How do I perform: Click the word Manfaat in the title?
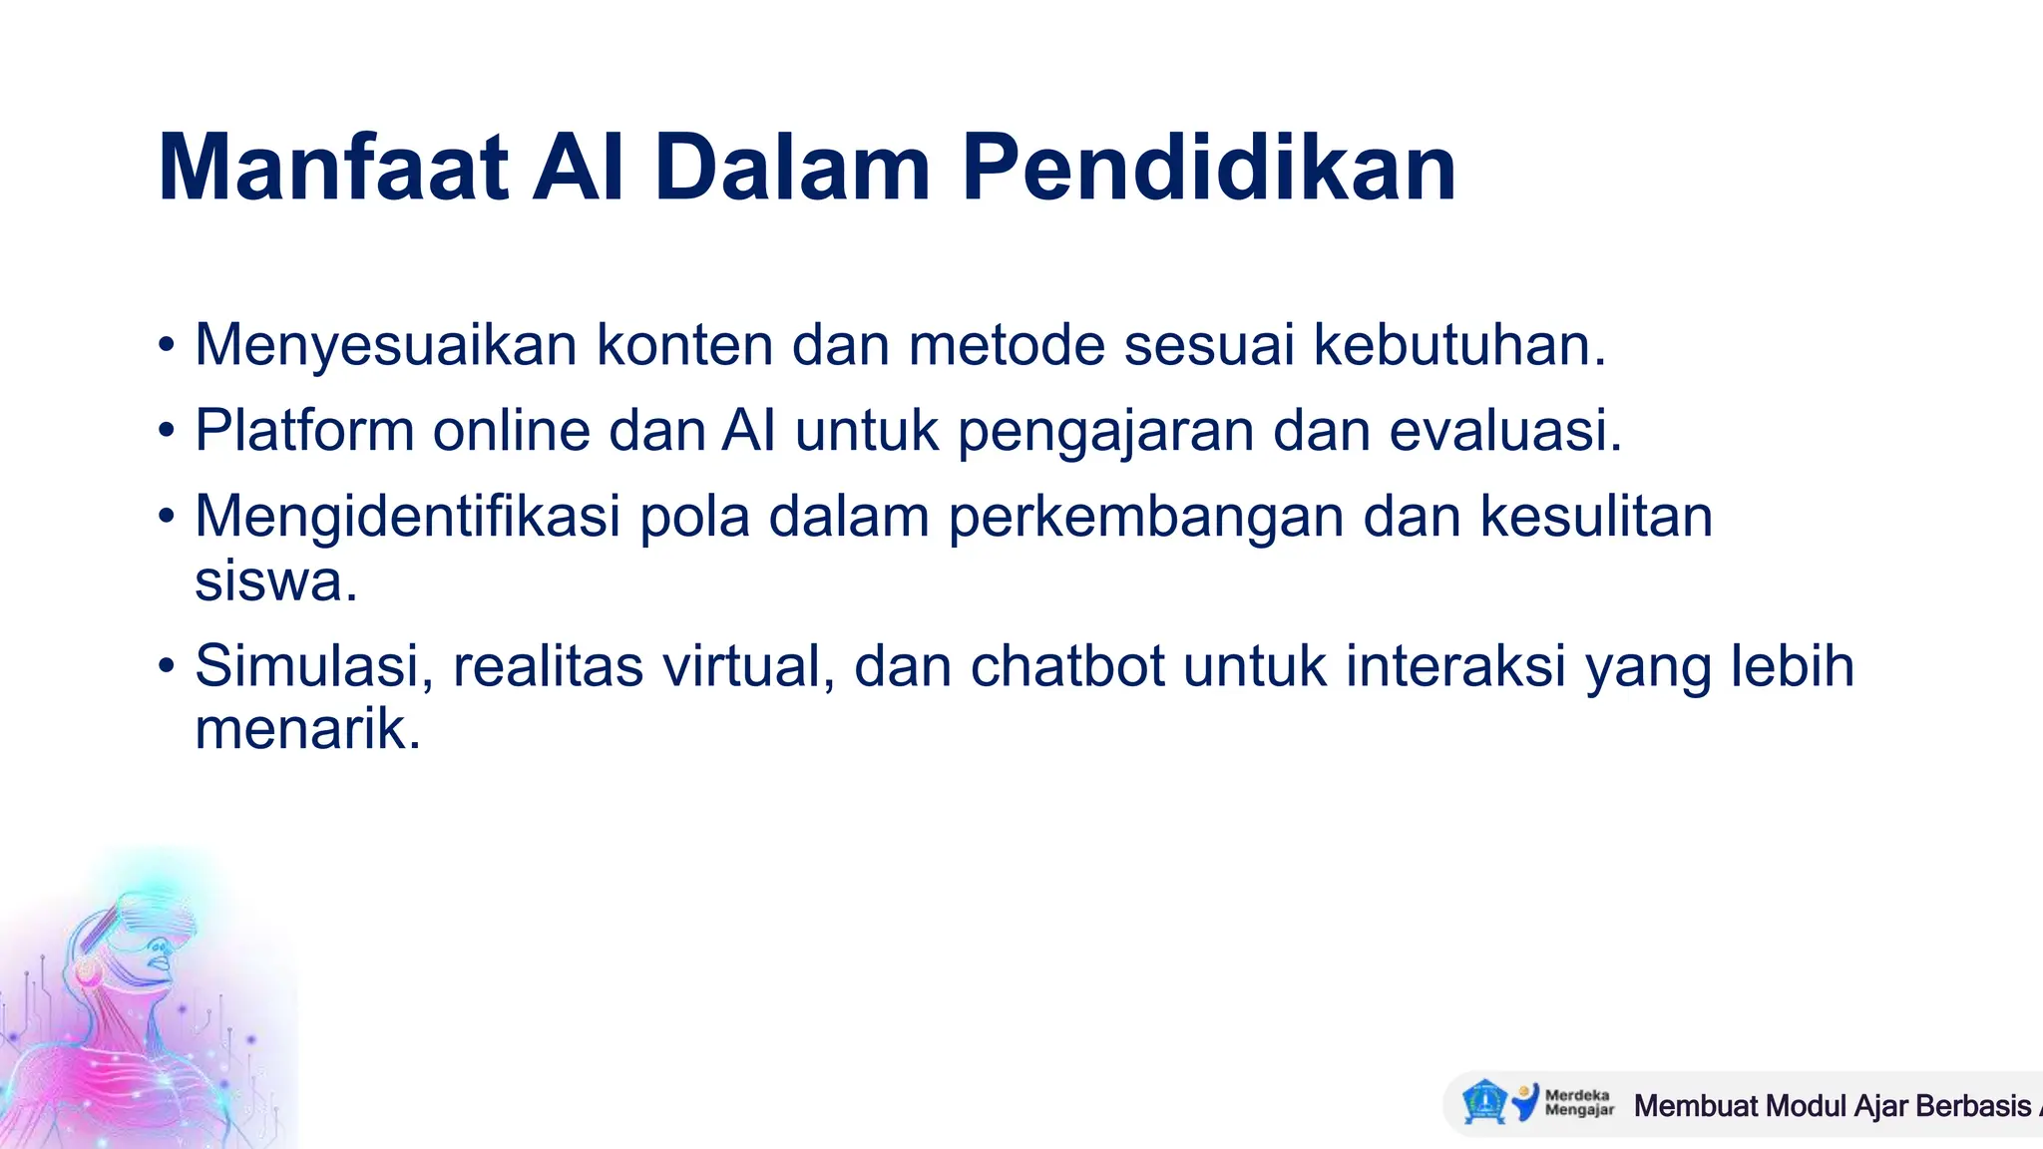pyautogui.click(x=333, y=168)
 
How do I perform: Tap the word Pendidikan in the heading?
pyautogui.click(x=1208, y=168)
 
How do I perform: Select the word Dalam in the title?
pyautogui.click(x=793, y=168)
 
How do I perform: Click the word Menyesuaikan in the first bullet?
pyautogui.click(x=386, y=345)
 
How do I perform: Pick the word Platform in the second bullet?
pyautogui.click(x=304, y=431)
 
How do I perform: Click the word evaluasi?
pyautogui.click(x=1505, y=431)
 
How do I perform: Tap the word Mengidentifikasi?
pyautogui.click(x=408, y=517)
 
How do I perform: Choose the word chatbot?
pyautogui.click(x=1067, y=666)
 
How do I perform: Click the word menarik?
pyautogui.click(x=307, y=730)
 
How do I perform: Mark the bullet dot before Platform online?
pyautogui.click(x=167, y=431)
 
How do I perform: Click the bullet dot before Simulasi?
pyautogui.click(x=167, y=666)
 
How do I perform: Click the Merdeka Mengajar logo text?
pyautogui.click(x=1578, y=1102)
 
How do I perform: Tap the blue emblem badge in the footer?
pyautogui.click(x=1483, y=1102)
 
